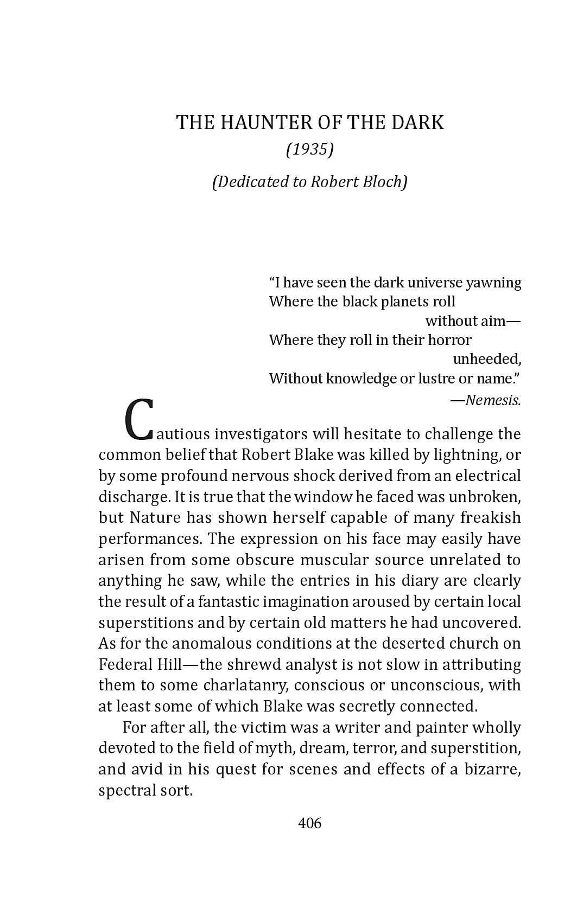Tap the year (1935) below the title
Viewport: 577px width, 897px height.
click(309, 149)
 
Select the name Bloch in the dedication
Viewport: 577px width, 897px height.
click(386, 181)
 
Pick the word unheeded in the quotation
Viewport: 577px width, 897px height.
click(486, 359)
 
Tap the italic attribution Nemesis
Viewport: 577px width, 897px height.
click(493, 400)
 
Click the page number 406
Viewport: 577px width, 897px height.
click(310, 823)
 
